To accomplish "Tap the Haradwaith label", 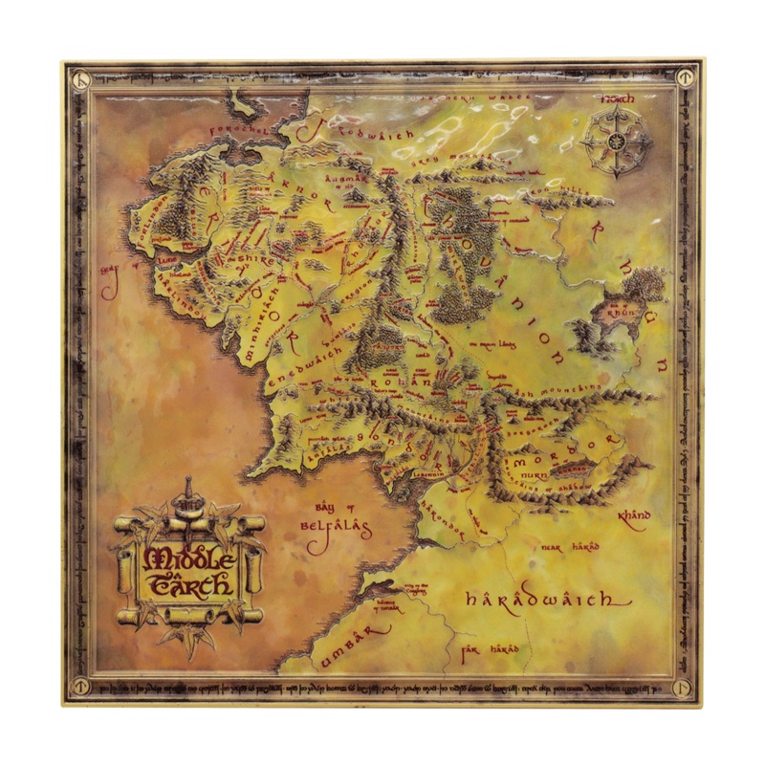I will pos(546,600).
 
